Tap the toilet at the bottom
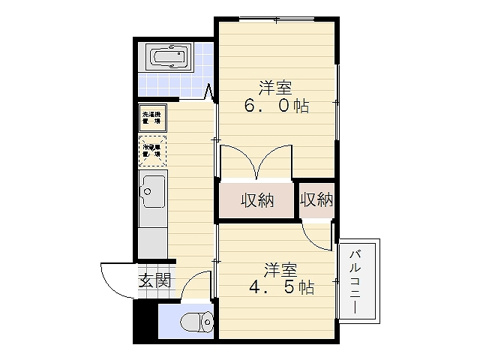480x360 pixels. (x=199, y=322)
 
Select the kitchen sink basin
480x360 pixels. (x=153, y=188)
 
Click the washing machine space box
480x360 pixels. (x=152, y=116)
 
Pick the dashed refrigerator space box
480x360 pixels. (x=153, y=151)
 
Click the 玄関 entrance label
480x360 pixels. (x=153, y=279)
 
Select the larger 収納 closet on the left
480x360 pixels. (x=257, y=199)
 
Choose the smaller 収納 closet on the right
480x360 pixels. (x=316, y=199)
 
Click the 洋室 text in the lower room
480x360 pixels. (x=281, y=269)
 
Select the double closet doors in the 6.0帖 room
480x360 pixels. (x=255, y=163)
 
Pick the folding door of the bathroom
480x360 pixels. (x=211, y=95)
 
